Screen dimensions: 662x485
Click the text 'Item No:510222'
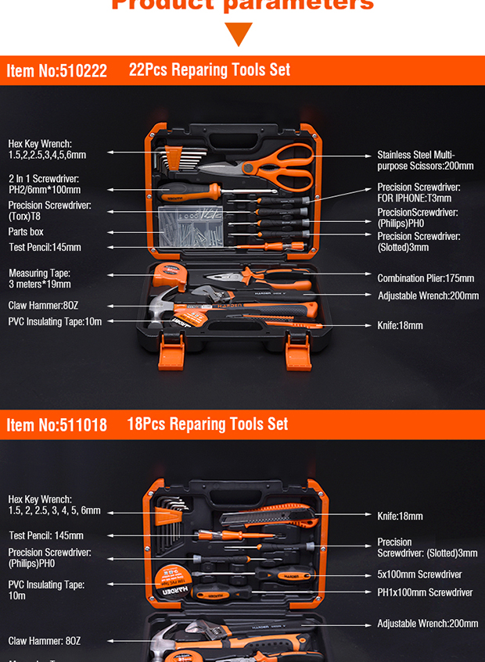click(x=57, y=71)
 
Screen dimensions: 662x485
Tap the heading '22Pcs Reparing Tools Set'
click(x=209, y=70)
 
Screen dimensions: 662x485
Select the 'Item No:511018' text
click(x=57, y=425)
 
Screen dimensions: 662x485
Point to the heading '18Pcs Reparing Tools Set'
click(x=207, y=424)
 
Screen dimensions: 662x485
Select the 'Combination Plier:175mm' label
click(x=426, y=278)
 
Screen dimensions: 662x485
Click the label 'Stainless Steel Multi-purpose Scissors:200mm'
click(x=426, y=160)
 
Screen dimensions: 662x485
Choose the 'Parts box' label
click(x=26, y=232)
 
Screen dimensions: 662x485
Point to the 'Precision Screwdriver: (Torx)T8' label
click(x=49, y=210)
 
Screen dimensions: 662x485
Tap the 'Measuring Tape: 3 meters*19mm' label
click(x=40, y=279)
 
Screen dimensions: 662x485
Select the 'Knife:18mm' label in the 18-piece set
click(x=400, y=516)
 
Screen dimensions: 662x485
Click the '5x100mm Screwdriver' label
click(x=419, y=574)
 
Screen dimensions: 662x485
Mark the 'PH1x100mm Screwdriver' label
click(x=425, y=592)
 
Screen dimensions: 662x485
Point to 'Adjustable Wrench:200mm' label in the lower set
click(x=427, y=624)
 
